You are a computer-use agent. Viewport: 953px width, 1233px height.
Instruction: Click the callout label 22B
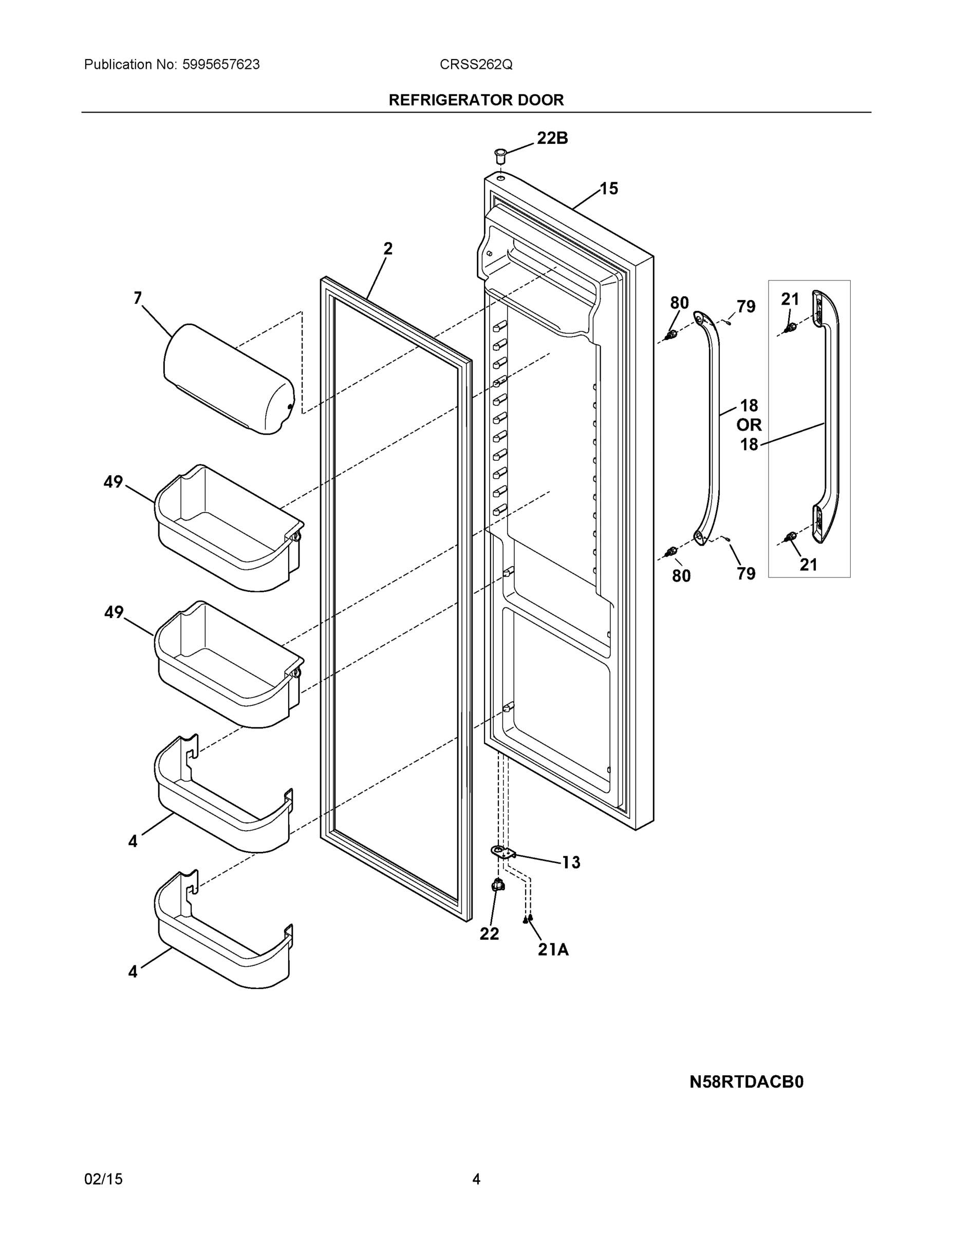pos(552,138)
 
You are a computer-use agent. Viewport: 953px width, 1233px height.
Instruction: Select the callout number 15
pos(609,189)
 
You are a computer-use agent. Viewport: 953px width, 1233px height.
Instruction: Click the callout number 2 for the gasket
pos(388,249)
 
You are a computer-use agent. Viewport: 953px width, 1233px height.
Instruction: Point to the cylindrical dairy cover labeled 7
pos(229,378)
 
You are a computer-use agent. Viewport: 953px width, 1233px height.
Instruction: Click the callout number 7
pos(138,298)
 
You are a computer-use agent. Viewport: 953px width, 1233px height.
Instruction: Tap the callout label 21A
pos(553,950)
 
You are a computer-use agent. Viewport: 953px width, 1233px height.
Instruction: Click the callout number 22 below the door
pos(489,934)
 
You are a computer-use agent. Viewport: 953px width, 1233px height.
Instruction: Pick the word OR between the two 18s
pos(749,424)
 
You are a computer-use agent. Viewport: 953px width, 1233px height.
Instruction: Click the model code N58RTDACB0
pos(746,1082)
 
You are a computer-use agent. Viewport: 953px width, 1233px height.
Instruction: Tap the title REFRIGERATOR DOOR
pos(476,100)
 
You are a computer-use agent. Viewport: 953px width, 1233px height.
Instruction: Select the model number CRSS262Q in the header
pos(476,65)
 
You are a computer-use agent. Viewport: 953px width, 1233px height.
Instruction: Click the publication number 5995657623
pos(221,65)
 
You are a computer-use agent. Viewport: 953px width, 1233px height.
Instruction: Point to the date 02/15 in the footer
pos(103,1179)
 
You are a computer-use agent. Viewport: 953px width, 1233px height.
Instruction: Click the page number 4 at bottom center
pos(476,1179)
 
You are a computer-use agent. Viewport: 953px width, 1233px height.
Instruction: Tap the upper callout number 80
pos(679,303)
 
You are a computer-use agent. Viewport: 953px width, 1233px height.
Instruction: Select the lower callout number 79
pos(746,573)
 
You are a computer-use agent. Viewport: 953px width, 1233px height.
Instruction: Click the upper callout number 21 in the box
pos(790,299)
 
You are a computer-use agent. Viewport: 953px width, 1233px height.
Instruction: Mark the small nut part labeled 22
pos(498,886)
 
